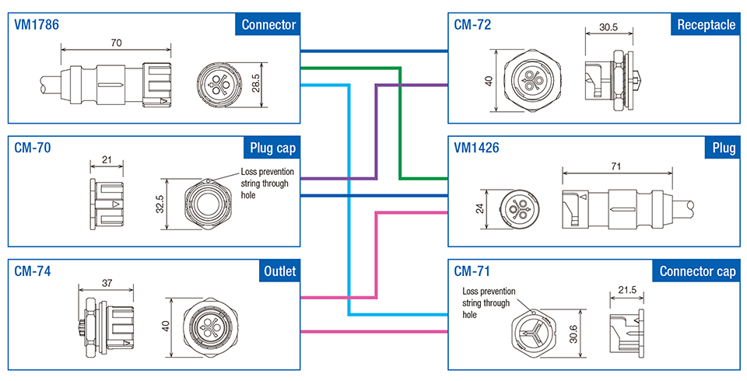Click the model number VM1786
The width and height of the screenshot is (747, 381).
[x=37, y=25]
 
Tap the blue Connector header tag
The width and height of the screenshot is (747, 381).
[x=268, y=25]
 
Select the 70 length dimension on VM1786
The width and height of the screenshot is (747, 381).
[x=116, y=44]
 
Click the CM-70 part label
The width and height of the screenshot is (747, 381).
[x=33, y=148]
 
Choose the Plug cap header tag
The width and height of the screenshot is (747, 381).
[x=273, y=148]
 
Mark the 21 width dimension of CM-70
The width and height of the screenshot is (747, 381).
[x=107, y=160]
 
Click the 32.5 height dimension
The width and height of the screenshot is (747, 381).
[x=160, y=204]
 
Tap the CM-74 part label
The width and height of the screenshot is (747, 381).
[x=33, y=271]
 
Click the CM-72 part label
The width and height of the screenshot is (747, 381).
[x=472, y=25]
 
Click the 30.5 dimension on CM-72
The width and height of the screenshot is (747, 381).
[x=608, y=26]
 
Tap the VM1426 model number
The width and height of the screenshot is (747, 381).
[x=477, y=148]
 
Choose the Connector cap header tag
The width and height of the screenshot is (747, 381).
[x=697, y=271]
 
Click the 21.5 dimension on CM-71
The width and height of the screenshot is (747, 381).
[x=626, y=289]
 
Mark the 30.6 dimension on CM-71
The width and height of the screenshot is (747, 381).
[x=574, y=333]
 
